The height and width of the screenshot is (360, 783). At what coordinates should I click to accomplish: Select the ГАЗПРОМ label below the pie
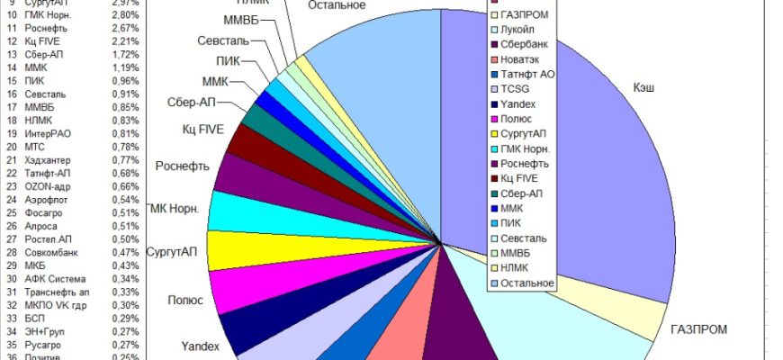[x=699, y=329]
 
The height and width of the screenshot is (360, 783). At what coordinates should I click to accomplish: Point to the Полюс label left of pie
[x=185, y=300]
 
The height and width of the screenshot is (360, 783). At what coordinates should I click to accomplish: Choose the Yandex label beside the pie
[x=201, y=346]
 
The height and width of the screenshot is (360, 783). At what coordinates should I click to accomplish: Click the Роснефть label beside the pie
[x=184, y=166]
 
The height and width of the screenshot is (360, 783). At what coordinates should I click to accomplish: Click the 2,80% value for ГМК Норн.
[x=126, y=16]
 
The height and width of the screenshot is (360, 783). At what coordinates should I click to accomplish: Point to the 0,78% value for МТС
[x=126, y=147]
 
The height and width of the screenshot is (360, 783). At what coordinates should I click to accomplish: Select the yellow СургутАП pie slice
[x=231, y=250]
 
